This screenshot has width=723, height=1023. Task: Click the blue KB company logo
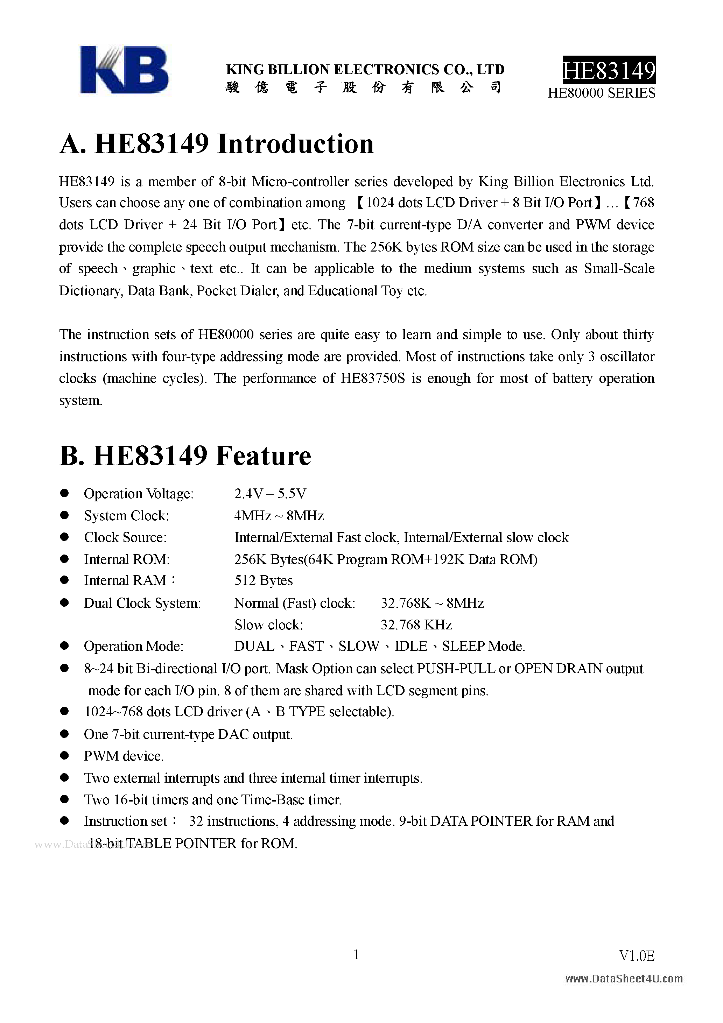coord(124,70)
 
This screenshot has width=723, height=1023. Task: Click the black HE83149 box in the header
coord(609,70)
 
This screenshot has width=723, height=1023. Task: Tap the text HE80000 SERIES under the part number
coord(601,93)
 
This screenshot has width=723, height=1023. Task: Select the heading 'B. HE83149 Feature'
coord(185,456)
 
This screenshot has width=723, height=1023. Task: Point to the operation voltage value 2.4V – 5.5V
coord(270,494)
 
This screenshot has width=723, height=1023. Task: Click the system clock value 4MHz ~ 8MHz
coord(279,515)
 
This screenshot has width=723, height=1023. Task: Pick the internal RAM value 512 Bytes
coord(264,580)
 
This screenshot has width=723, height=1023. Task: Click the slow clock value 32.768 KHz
coord(416,625)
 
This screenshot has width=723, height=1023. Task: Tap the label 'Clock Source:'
coord(125,537)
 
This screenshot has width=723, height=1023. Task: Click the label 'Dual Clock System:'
coord(142,603)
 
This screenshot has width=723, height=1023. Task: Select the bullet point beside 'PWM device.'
coord(65,755)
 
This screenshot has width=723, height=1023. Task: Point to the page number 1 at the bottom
coord(356,954)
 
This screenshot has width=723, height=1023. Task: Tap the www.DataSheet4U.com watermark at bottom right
coord(624,979)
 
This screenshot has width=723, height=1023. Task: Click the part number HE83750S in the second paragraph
coord(373,378)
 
